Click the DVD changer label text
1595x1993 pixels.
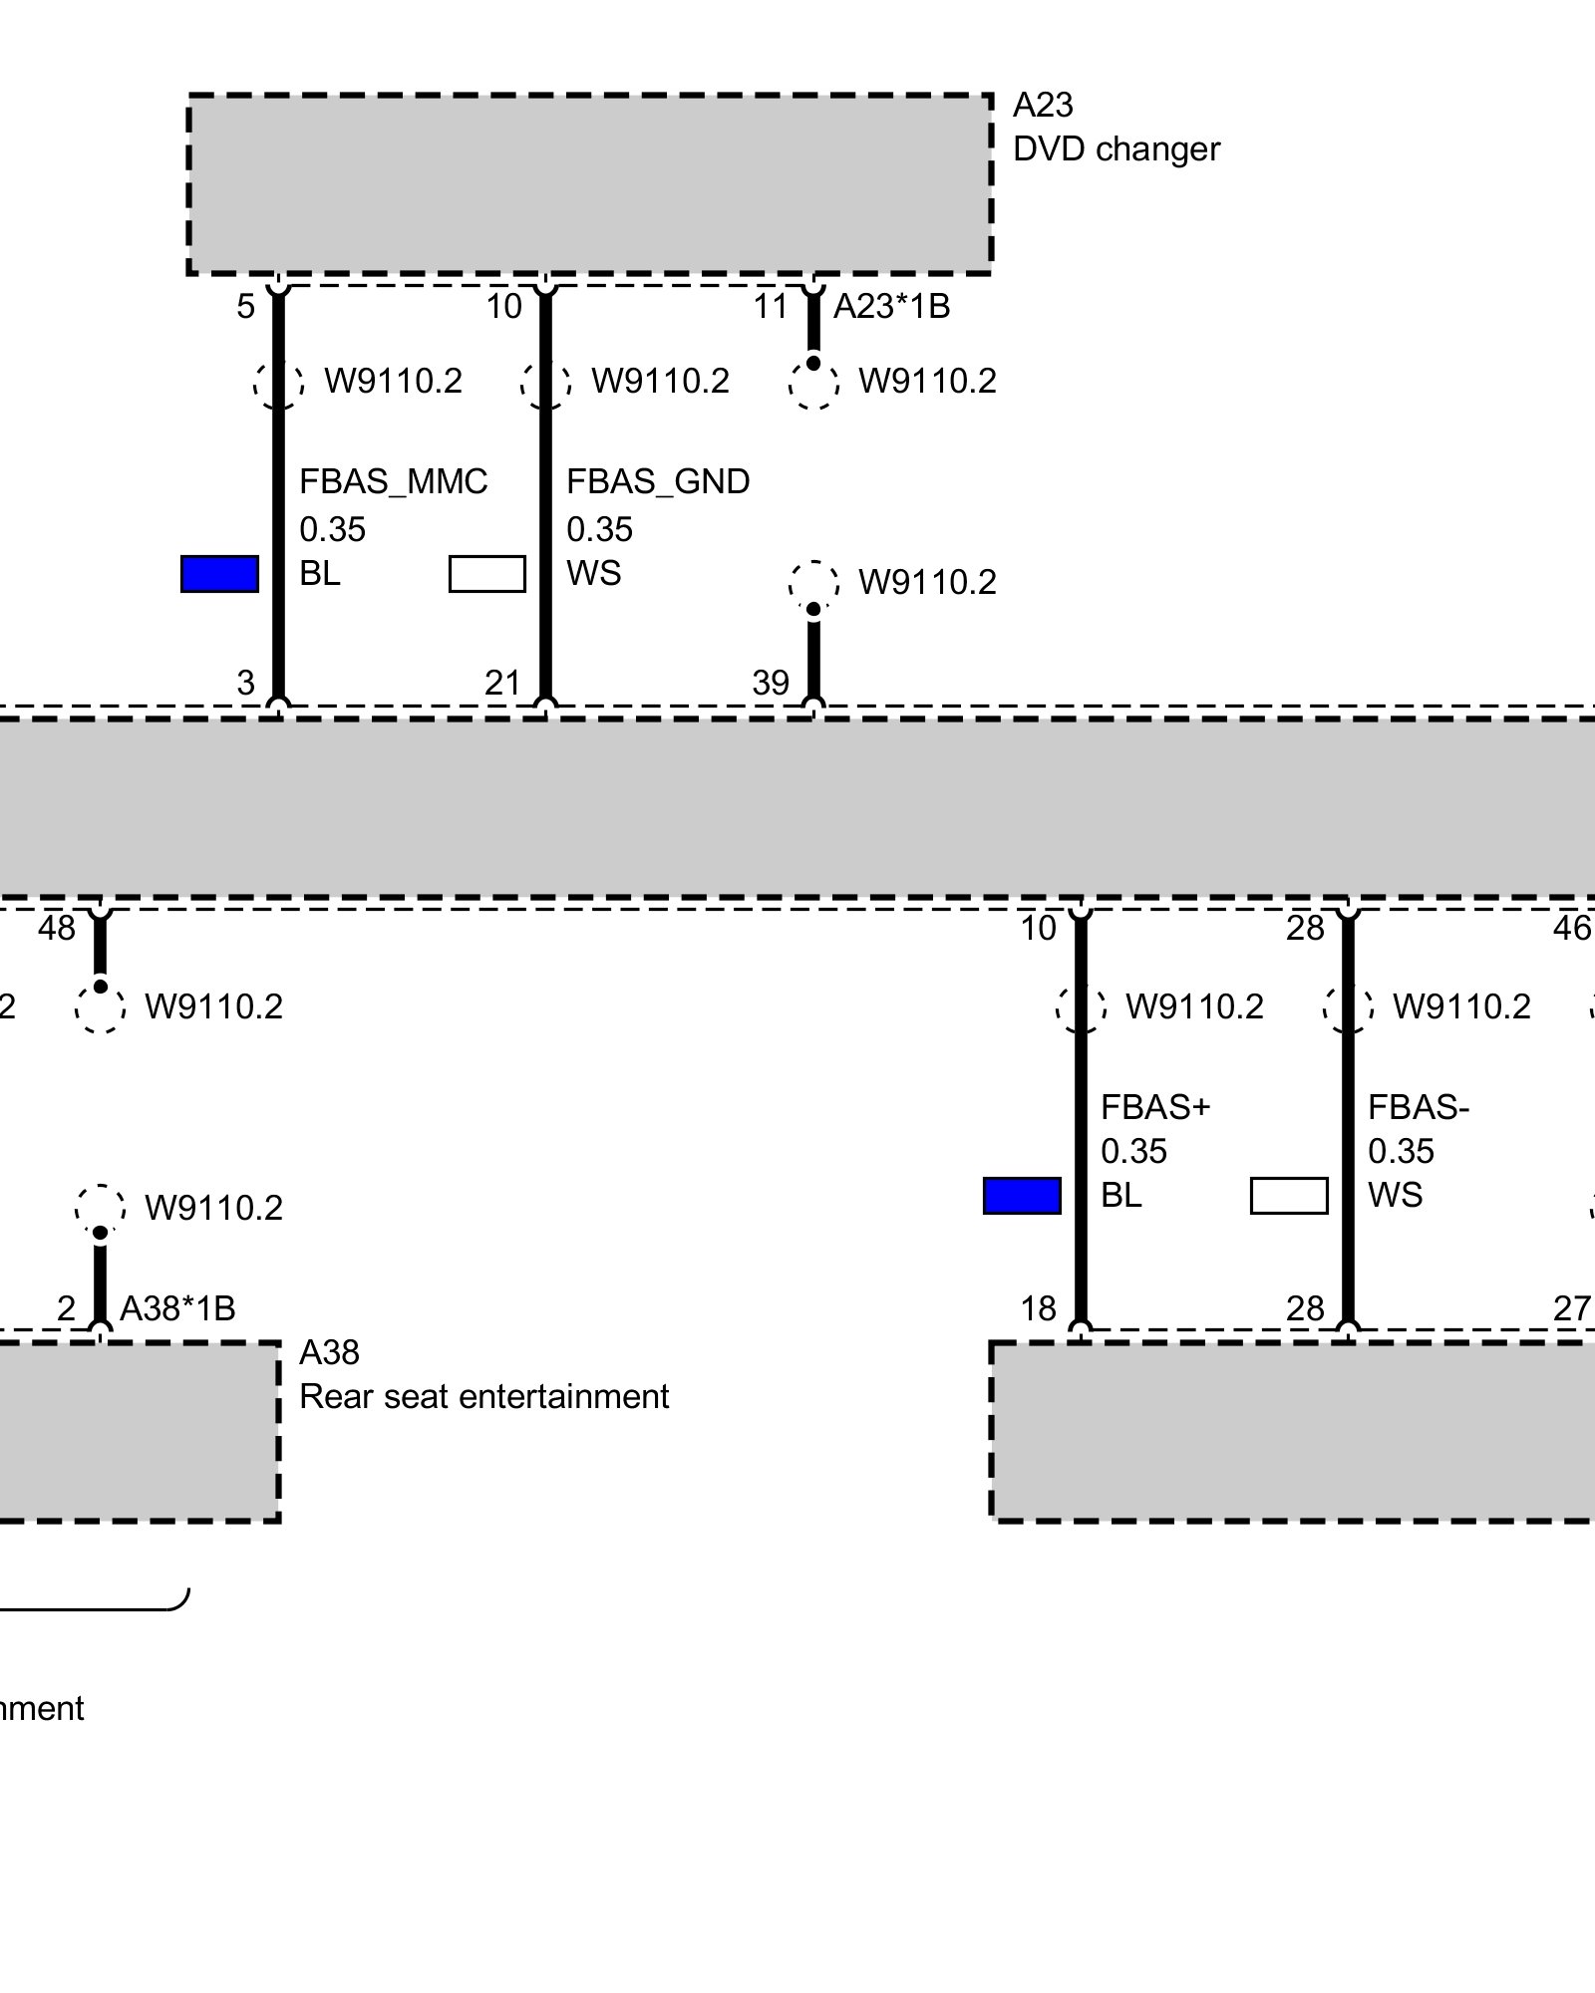pos(1116,149)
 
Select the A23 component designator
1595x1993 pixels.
pos(1043,105)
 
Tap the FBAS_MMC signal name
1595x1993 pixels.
pos(394,481)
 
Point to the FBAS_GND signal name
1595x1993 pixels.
pos(658,481)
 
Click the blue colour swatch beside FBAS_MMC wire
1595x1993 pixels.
pos(219,574)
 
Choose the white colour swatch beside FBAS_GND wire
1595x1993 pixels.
pos(487,574)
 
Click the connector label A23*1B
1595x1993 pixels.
pos(891,307)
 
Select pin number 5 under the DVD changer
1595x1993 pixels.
pos(245,307)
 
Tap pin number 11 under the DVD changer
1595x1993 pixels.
pos(771,307)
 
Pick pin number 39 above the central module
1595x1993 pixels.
pos(771,683)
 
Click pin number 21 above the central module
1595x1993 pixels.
pos(503,683)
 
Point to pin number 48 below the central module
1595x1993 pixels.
pos(57,929)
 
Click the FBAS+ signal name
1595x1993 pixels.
pos(1154,1107)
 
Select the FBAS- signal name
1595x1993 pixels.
pos(1419,1107)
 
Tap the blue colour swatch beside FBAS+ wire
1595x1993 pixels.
pos(1022,1196)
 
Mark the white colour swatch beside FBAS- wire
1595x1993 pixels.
pos(1289,1196)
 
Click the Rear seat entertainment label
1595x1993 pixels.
pos(483,1397)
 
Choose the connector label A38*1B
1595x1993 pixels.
pos(177,1308)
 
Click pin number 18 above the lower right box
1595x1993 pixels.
pos(1038,1308)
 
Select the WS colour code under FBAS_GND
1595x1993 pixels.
pos(593,574)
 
